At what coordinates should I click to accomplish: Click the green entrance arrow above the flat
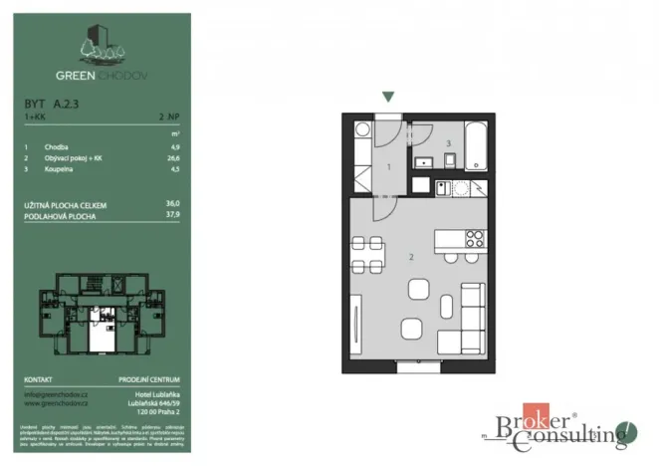[x=388, y=97]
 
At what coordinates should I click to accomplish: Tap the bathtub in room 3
[x=475, y=147]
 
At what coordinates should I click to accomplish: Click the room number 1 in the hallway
[x=388, y=168]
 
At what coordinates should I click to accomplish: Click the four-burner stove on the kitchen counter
[x=474, y=238]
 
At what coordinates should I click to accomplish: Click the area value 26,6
[x=174, y=157]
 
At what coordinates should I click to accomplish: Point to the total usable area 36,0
[x=173, y=204]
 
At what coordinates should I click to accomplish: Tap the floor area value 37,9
[x=173, y=213]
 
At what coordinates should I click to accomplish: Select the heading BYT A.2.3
[x=50, y=102]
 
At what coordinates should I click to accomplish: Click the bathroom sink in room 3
[x=421, y=161]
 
